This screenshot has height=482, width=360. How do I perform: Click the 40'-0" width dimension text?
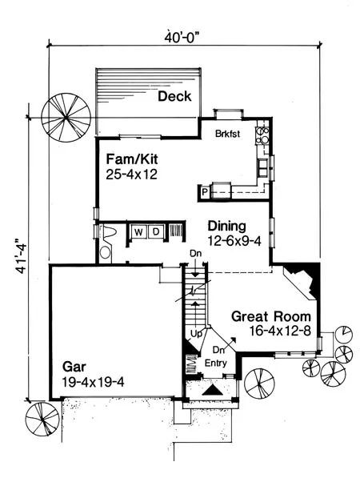[182, 37]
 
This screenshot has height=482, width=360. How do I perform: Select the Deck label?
[174, 97]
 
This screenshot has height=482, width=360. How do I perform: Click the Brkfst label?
[227, 134]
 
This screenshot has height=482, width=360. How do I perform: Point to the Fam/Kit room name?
[132, 159]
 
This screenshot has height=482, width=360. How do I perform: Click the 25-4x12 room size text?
[131, 175]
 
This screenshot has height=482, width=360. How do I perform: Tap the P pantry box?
[205, 193]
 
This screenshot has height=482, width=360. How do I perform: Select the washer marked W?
[138, 232]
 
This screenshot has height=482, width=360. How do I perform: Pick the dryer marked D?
[156, 232]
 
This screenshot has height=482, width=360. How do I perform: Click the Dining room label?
[227, 227]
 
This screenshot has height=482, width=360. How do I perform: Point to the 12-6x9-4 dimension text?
[234, 241]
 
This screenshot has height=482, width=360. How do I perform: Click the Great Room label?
[271, 316]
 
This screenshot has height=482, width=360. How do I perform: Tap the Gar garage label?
[74, 367]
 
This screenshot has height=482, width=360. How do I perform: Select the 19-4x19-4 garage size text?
[93, 382]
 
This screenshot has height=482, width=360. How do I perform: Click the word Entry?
[216, 364]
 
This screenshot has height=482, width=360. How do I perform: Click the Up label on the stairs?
[196, 334]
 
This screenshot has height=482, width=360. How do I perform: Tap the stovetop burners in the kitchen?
[262, 135]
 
